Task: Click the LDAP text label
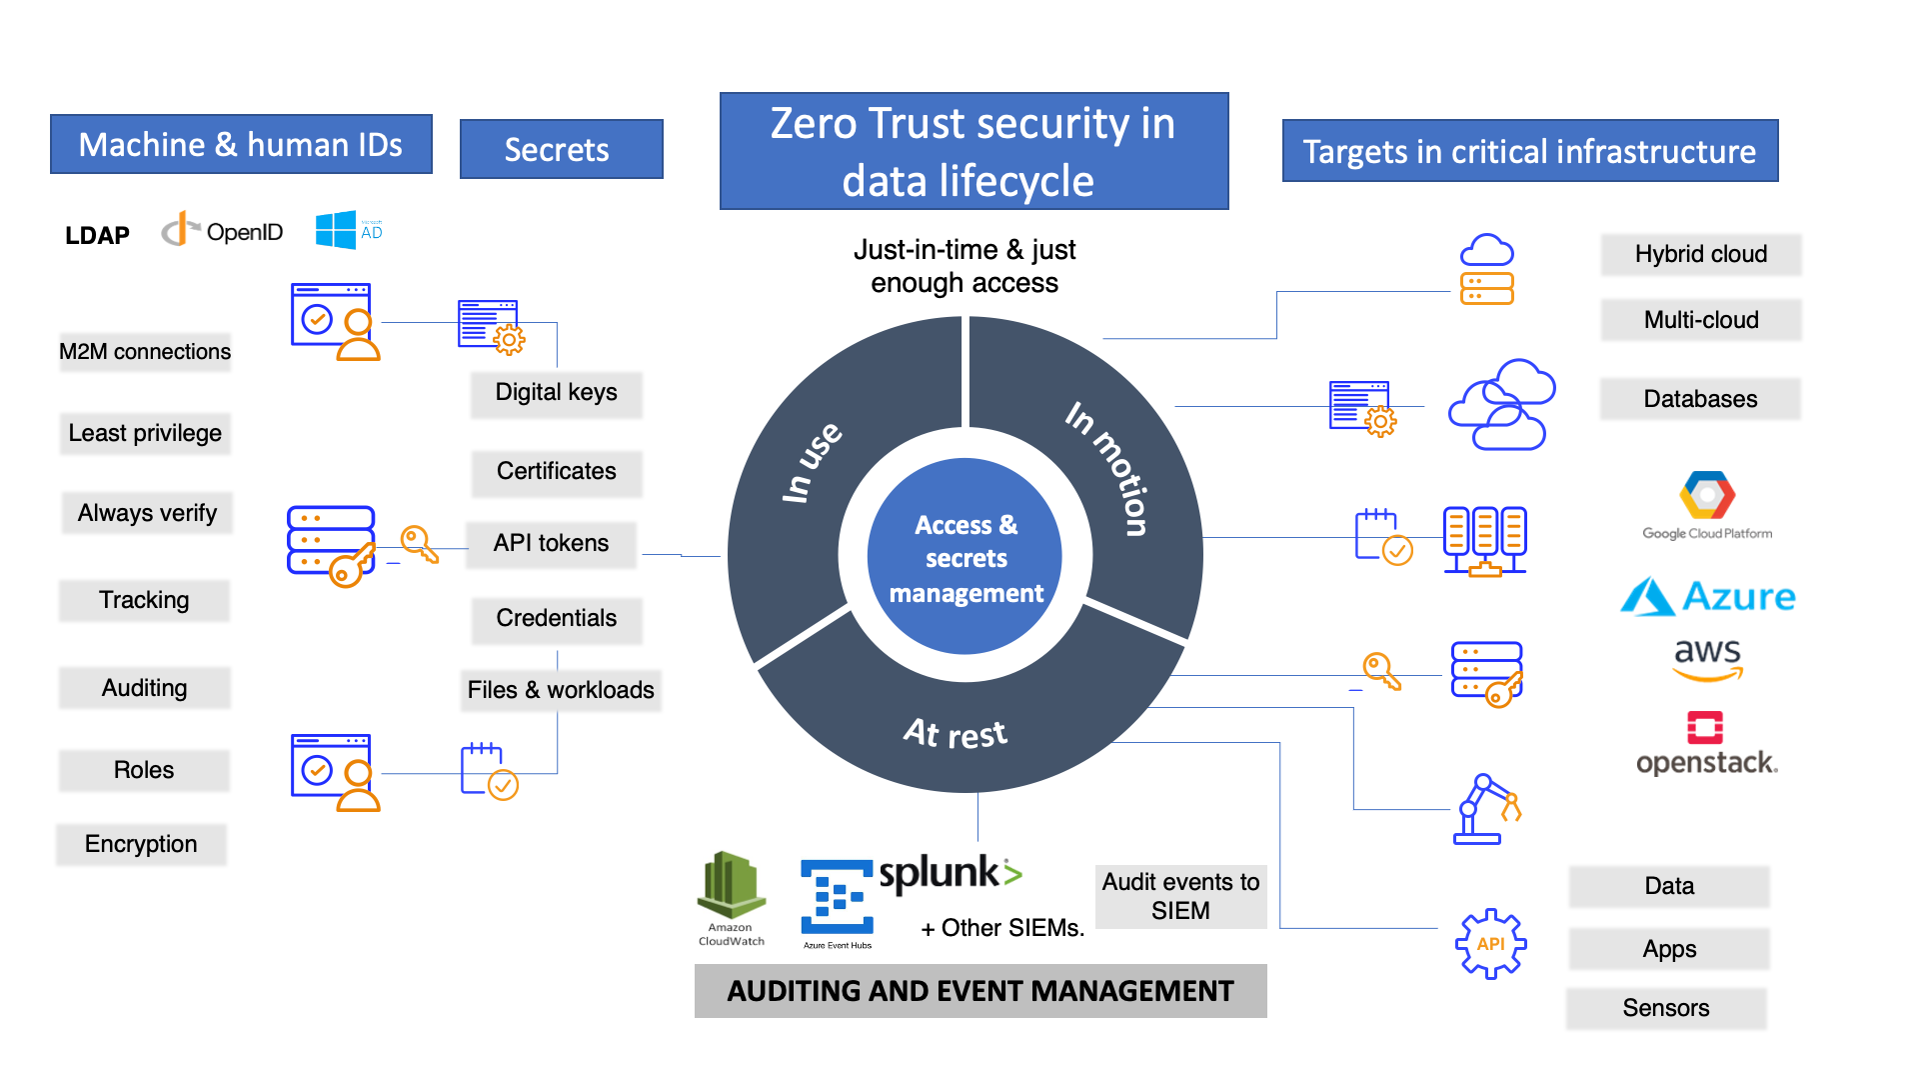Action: click(97, 235)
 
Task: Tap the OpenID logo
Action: click(222, 232)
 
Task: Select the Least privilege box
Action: click(145, 433)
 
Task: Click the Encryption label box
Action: click(141, 844)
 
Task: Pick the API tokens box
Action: click(551, 543)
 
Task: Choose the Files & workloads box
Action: click(560, 690)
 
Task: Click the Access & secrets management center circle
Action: click(965, 557)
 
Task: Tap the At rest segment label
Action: click(956, 733)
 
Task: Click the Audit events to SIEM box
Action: click(1180, 896)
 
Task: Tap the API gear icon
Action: click(1490, 943)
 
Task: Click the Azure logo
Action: click(1708, 597)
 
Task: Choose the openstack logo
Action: click(1706, 744)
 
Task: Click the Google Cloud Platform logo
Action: click(1707, 505)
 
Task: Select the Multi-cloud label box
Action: click(1701, 320)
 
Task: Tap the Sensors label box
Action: click(1666, 1008)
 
